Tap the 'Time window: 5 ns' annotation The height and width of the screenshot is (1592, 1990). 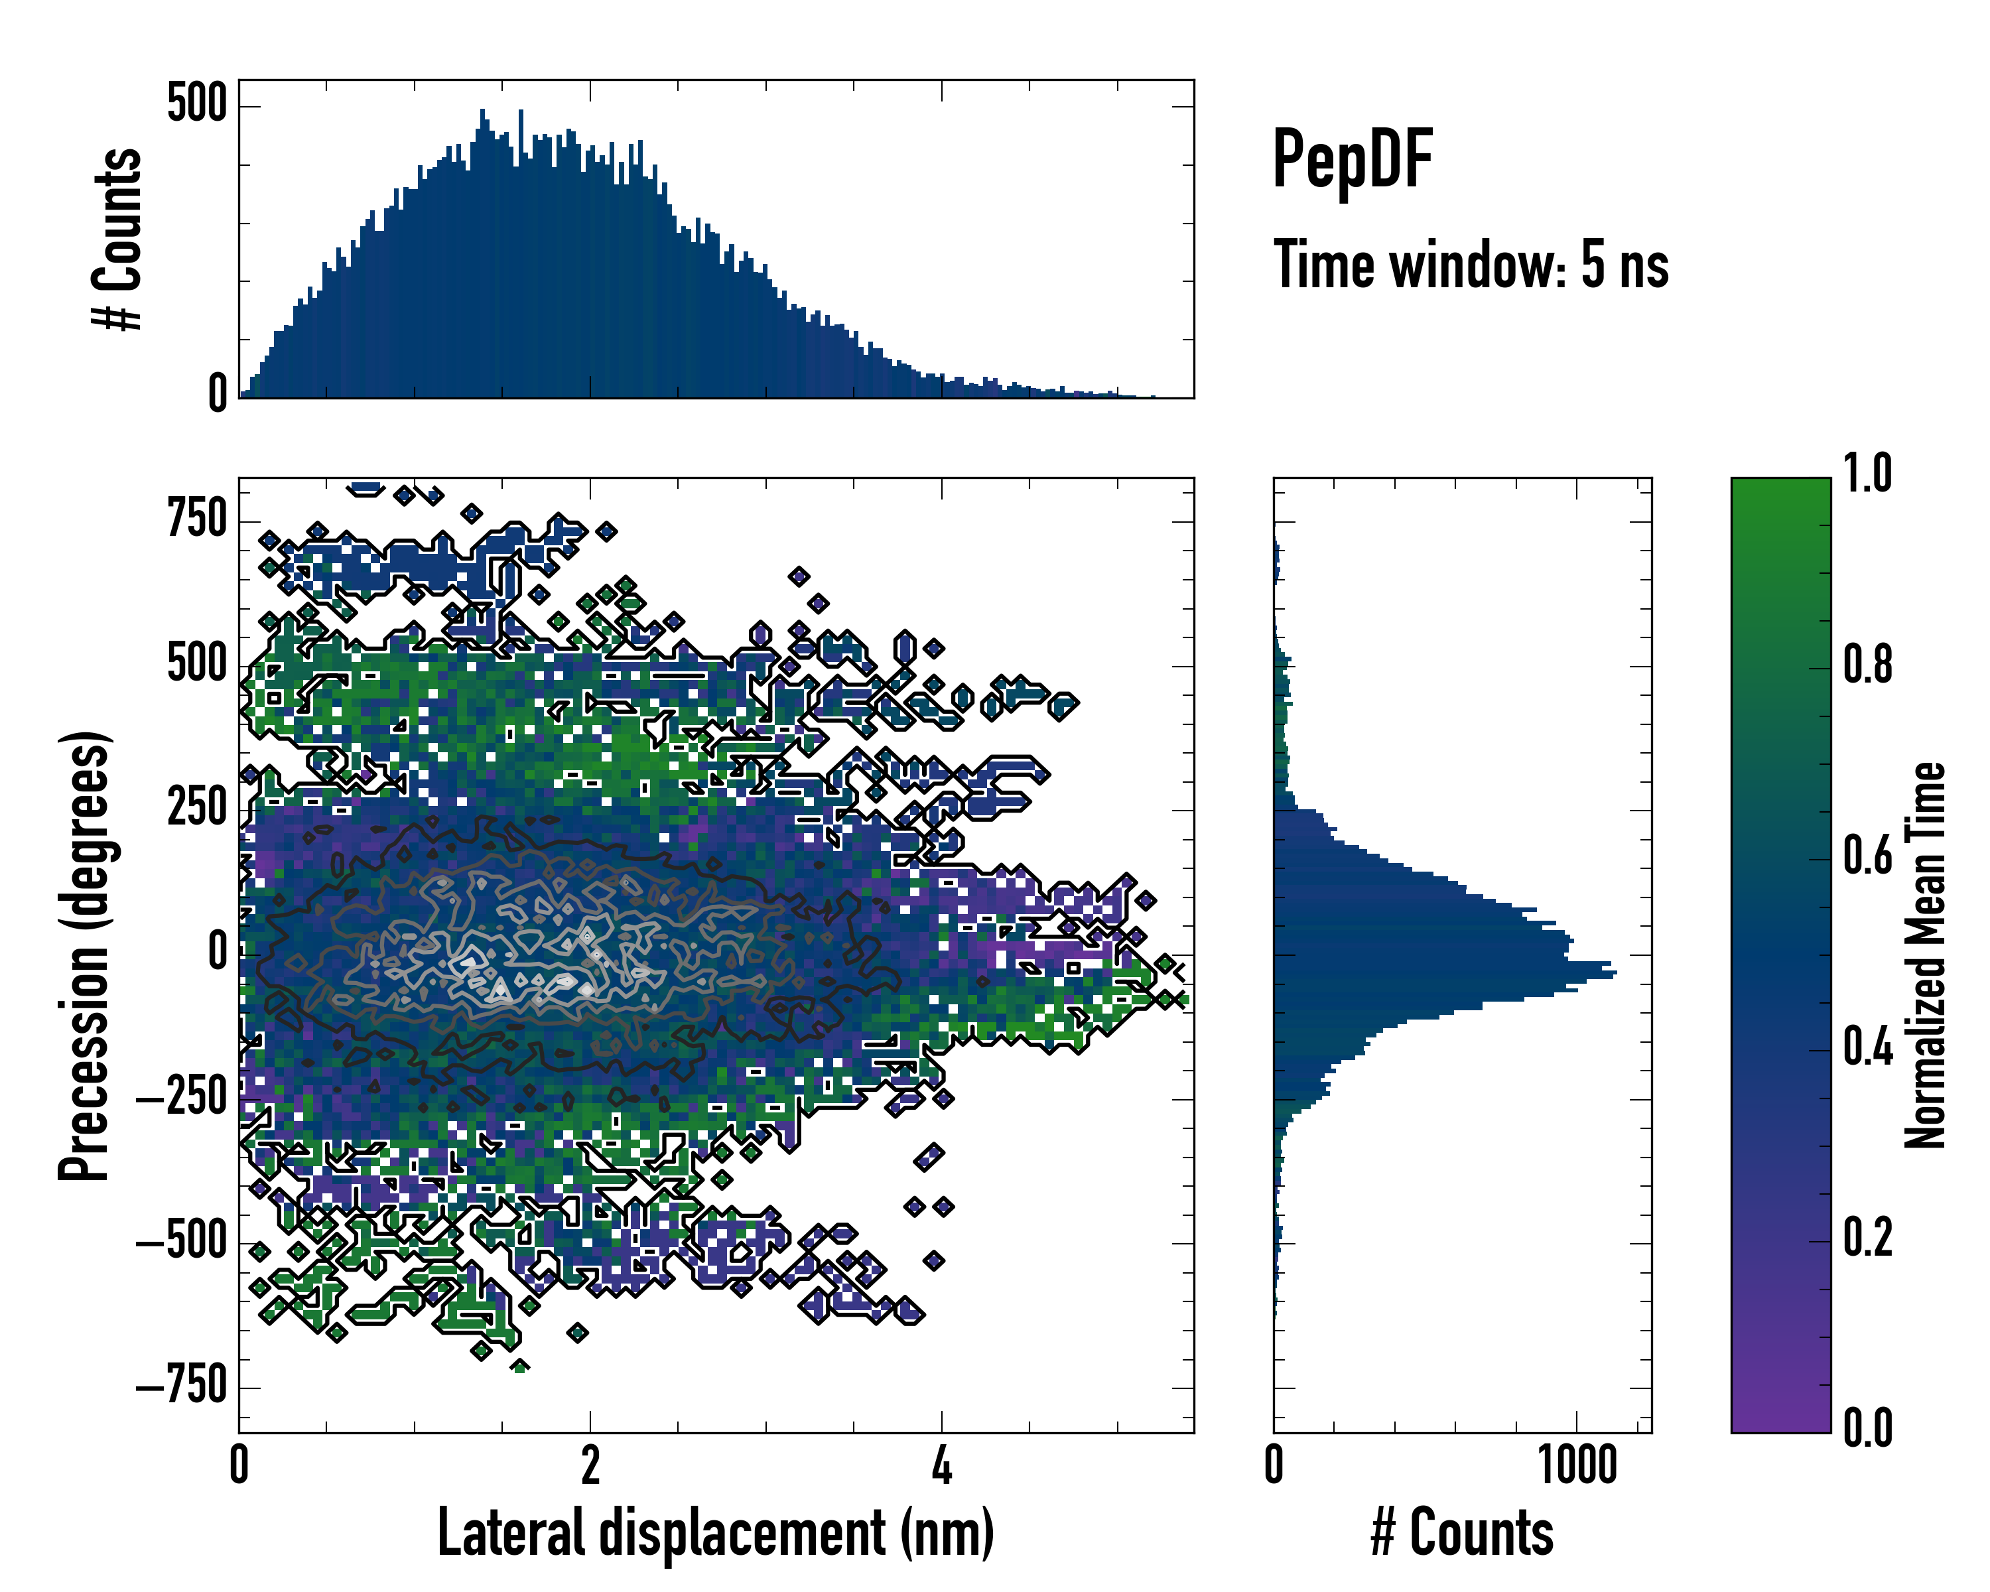pos(1471,265)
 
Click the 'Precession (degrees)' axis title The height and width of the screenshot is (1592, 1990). pos(85,955)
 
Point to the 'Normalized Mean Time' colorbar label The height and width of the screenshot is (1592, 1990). pos(1926,955)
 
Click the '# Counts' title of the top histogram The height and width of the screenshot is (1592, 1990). pos(118,239)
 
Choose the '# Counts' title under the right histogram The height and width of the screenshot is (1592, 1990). pos(1462,1533)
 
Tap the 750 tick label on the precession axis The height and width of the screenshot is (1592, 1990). pos(196,519)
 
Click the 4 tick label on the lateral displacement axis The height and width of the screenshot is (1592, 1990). pos(941,1465)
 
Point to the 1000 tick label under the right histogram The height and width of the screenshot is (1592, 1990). pos(1577,1465)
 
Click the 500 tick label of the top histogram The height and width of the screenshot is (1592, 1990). pos(196,103)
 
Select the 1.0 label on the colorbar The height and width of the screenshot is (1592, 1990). pos(1868,474)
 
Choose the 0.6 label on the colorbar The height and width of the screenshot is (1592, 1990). pos(1868,856)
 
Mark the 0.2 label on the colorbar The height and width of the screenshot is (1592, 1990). pos(1868,1238)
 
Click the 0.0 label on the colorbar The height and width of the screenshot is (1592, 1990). pos(1868,1427)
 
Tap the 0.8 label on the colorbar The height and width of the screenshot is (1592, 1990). pos(1868,665)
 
